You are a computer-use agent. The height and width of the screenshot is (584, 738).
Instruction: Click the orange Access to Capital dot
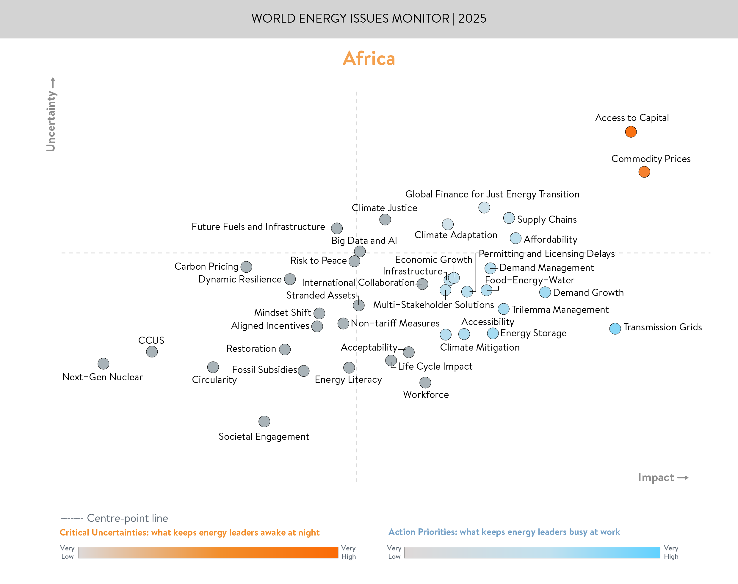point(631,132)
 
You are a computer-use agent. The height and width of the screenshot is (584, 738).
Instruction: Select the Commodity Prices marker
point(644,172)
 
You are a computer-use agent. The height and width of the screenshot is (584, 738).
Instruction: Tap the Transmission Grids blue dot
point(615,329)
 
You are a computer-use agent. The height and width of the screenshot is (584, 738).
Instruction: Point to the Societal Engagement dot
point(264,421)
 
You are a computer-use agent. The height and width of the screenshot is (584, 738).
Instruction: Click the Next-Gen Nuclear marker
point(103,363)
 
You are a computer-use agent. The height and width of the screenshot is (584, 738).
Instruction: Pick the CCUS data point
point(152,351)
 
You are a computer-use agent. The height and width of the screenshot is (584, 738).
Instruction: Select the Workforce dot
point(425,382)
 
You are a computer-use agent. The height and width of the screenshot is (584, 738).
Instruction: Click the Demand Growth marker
point(545,292)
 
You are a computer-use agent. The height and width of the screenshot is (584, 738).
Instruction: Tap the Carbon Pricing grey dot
point(246,267)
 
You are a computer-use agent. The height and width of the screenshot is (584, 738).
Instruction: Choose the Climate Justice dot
point(385,219)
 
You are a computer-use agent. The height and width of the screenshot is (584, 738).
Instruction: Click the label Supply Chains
point(546,219)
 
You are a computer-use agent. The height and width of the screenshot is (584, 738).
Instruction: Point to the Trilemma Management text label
point(560,310)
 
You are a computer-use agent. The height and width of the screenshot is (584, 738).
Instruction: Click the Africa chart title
point(369,59)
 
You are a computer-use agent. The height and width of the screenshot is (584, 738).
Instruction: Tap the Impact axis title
point(656,477)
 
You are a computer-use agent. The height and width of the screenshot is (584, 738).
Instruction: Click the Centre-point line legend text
point(127,518)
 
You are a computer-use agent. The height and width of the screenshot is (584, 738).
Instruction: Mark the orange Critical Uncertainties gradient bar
point(208,552)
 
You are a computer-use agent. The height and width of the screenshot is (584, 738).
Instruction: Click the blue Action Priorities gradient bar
point(532,552)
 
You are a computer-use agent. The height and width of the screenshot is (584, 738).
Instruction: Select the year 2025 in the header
point(472,18)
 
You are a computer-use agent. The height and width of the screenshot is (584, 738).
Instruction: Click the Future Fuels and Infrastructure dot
point(337,228)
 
